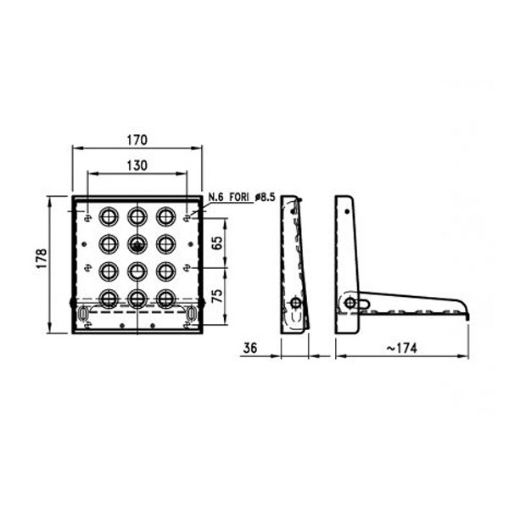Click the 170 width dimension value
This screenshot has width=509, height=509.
coord(137,140)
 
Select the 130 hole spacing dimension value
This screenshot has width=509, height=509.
coord(137,165)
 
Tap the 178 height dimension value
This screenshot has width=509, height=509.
coord(42,259)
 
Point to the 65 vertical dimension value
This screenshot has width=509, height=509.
coord(217,243)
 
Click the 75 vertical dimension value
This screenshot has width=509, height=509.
coord(217,296)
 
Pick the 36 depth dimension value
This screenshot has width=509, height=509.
coord(250,348)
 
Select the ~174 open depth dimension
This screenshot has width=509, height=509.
coord(401,349)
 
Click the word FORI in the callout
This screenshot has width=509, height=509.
coord(239,197)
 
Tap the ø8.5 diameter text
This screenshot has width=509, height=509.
coord(265,197)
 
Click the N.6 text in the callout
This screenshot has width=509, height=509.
coord(215,197)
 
